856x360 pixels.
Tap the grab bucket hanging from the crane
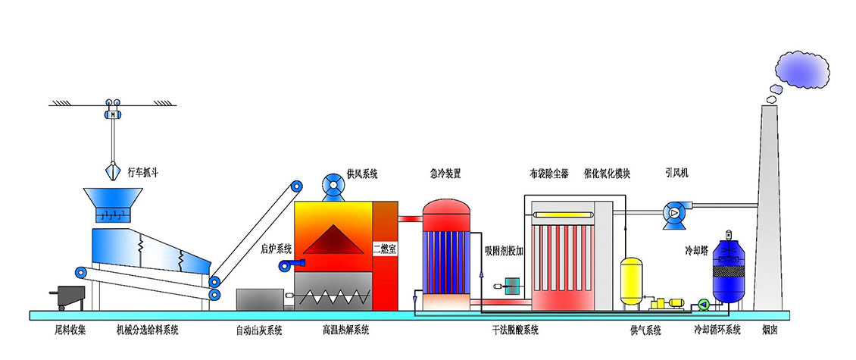[x=112, y=171]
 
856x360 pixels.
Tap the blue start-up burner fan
[x=289, y=263]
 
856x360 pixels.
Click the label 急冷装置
[x=444, y=174]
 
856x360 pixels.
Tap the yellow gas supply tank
[x=631, y=282]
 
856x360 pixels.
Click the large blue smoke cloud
[x=807, y=69]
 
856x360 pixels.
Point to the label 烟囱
[x=771, y=330]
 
